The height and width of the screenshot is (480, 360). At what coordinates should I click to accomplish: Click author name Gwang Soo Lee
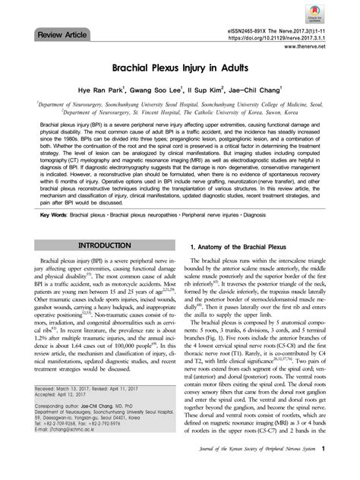(157, 93)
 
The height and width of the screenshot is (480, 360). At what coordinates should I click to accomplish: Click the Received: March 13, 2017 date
(69, 386)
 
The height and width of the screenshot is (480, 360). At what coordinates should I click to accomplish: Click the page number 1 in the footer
(324, 469)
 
